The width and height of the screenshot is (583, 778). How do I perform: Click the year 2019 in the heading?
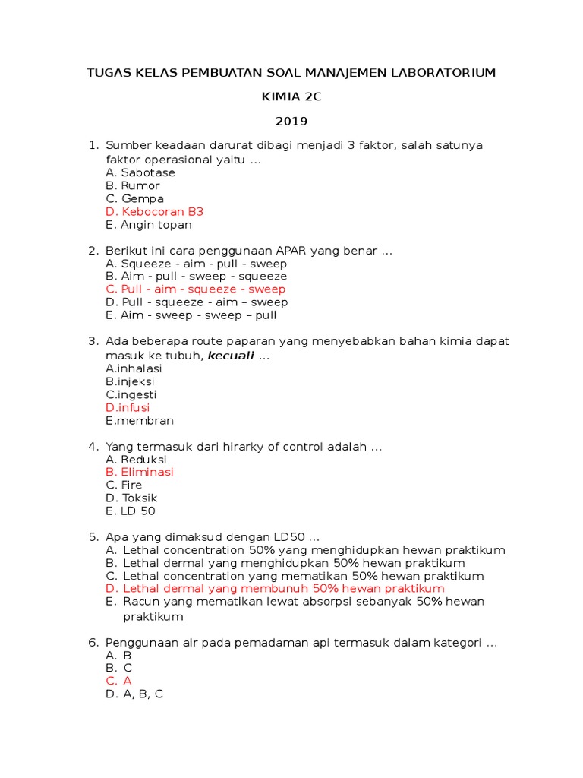[x=291, y=121]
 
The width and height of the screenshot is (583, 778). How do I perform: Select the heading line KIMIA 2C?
[x=291, y=96]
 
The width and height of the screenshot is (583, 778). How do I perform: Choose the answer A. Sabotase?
[x=140, y=172]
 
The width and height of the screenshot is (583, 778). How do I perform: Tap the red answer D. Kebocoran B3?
[x=155, y=212]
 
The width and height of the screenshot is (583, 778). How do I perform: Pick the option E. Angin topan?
[x=149, y=225]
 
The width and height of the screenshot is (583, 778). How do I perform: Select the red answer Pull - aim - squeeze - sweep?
[x=196, y=289]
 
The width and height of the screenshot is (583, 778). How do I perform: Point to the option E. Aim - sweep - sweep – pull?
[x=191, y=315]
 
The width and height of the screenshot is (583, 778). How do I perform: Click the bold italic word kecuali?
[x=231, y=356]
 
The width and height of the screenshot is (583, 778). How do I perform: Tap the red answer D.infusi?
[x=128, y=407]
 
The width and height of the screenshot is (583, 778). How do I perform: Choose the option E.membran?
[x=140, y=420]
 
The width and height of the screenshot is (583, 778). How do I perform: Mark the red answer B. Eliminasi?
[x=140, y=472]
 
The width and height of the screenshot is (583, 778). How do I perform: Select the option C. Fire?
[x=124, y=485]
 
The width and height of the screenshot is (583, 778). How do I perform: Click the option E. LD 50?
[x=131, y=511]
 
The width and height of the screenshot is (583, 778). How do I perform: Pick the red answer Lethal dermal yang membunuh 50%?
[x=276, y=589]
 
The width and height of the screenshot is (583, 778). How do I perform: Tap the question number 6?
[x=93, y=643]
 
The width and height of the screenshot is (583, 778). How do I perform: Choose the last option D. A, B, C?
[x=134, y=694]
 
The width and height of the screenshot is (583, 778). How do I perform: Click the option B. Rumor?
[x=133, y=185]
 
